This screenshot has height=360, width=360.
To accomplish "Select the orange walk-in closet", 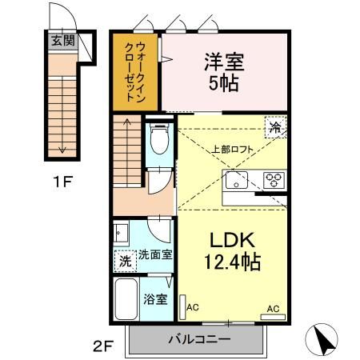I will (x=135, y=74).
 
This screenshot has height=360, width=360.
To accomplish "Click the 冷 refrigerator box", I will (x=275, y=128).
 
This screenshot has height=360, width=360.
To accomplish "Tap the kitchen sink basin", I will (x=238, y=179).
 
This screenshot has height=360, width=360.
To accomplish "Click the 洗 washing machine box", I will (x=125, y=261).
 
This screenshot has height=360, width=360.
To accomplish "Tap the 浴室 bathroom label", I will (x=154, y=299).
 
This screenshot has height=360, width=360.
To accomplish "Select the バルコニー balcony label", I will (x=198, y=339).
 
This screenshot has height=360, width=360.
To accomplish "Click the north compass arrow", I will (x=324, y=339).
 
